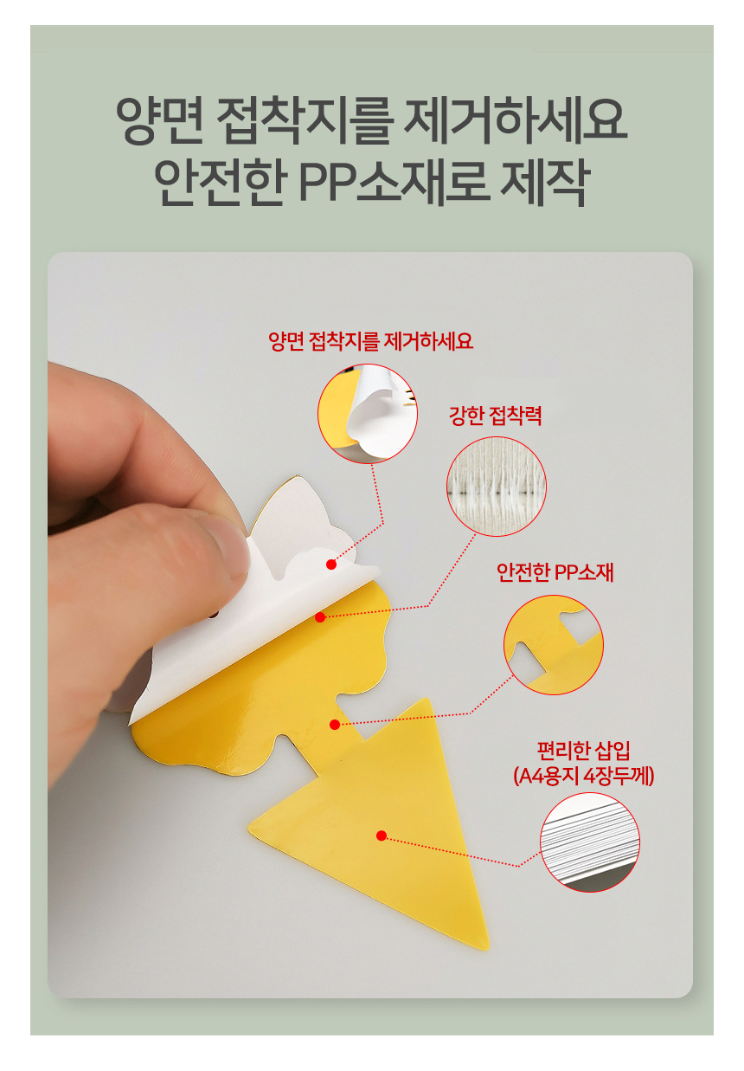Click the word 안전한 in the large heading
[221, 182]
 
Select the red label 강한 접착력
[495, 415]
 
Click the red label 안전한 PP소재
[555, 571]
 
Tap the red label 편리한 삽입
[583, 751]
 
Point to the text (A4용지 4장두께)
[583, 776]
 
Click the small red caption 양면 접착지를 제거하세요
[370, 341]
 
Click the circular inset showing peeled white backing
[368, 414]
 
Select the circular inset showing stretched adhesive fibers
[497, 487]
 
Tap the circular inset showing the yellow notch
[554, 645]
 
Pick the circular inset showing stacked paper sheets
[590, 842]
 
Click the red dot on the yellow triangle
[382, 836]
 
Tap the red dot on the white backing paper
[331, 565]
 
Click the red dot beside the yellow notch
[335, 725]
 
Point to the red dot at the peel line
[320, 617]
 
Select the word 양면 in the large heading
[160, 120]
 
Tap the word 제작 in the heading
[545, 182]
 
